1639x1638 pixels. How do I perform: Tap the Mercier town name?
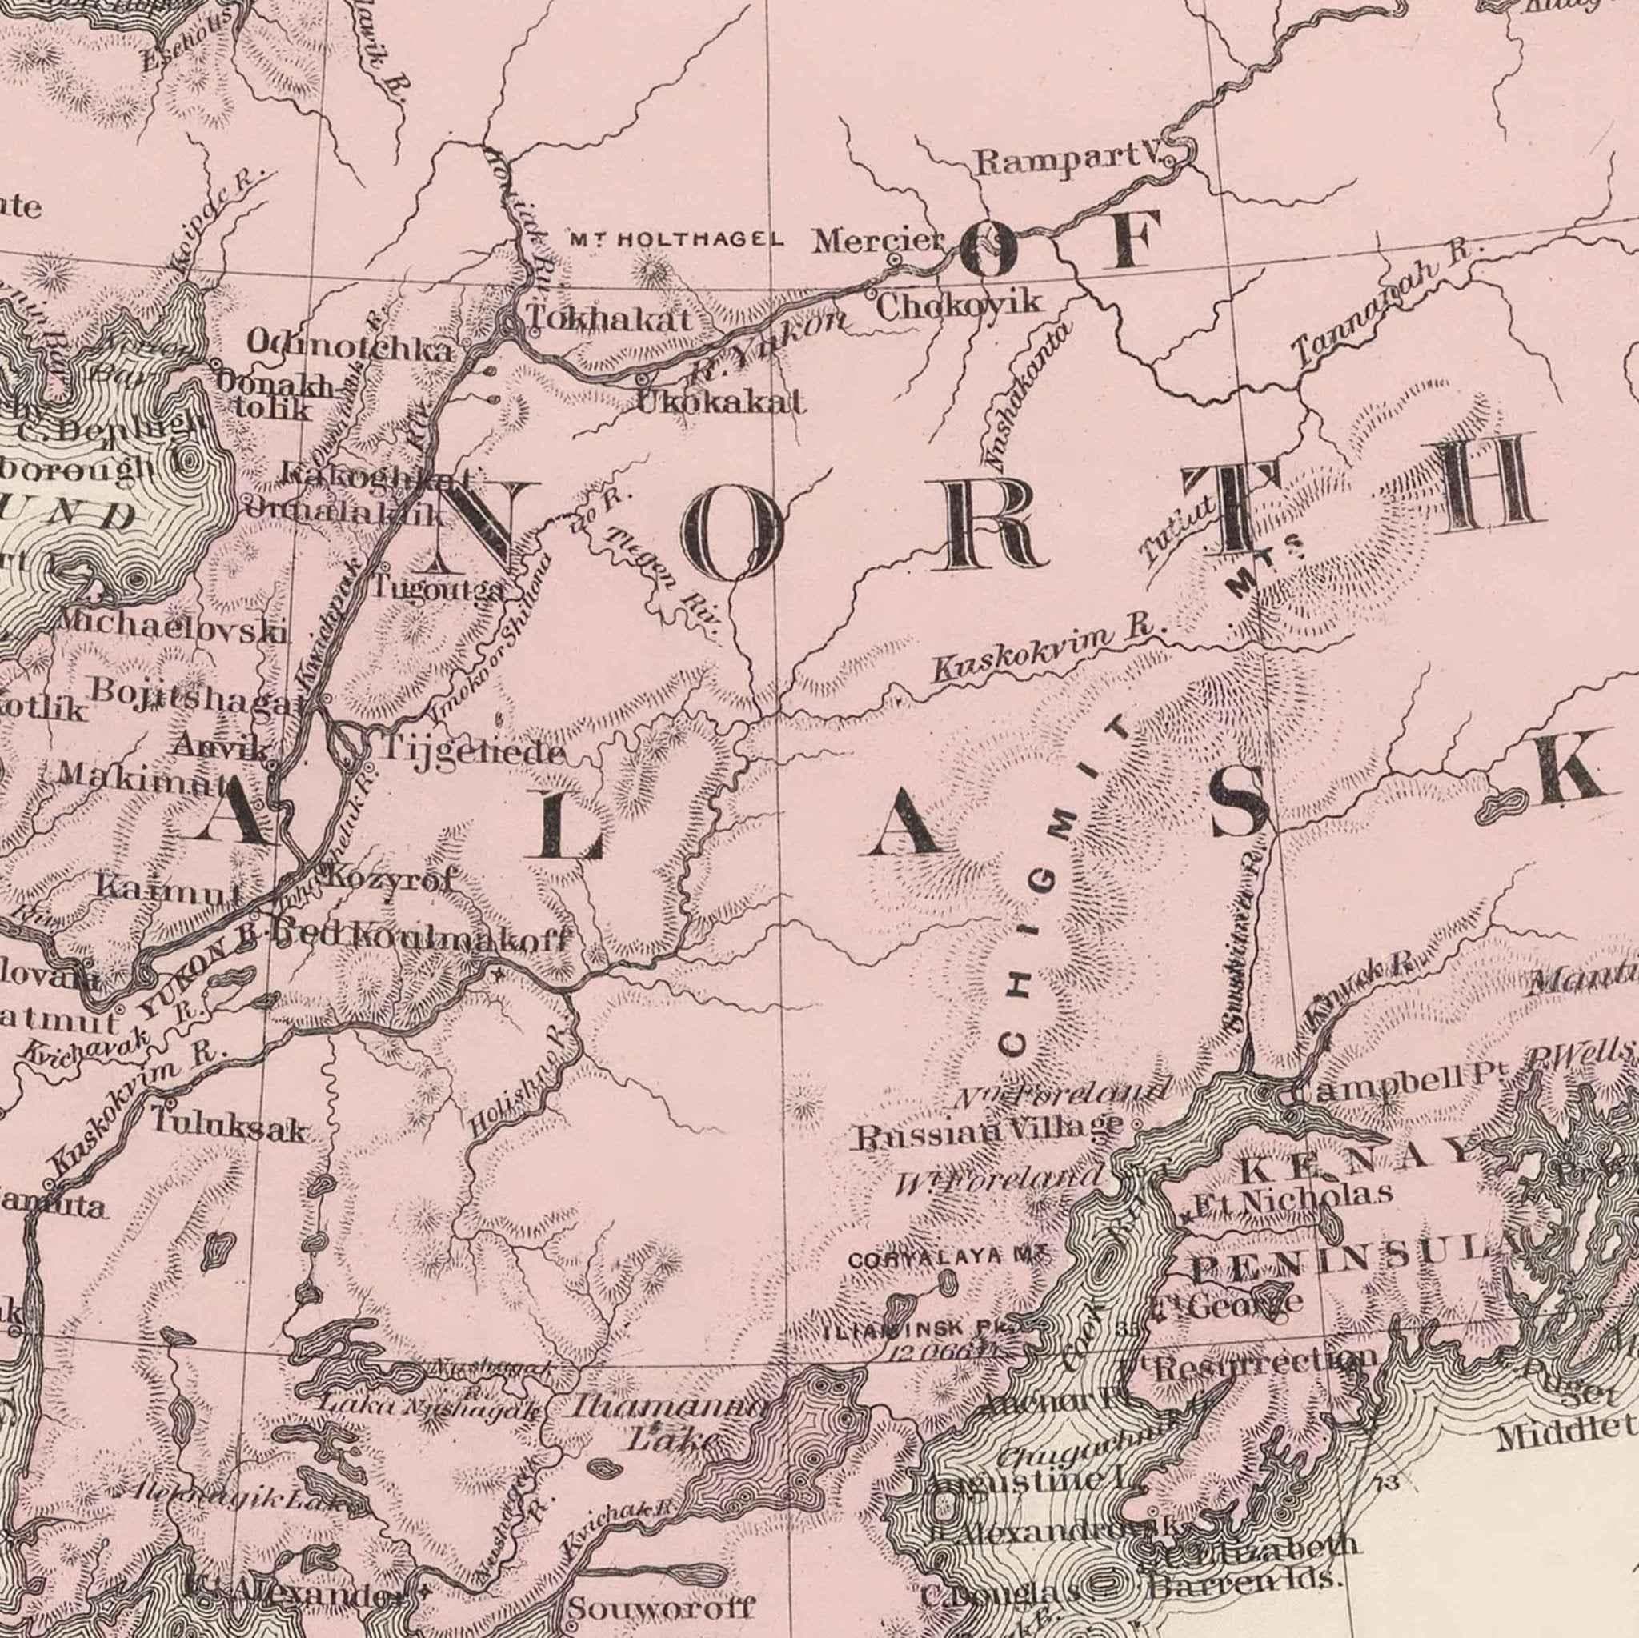pos(878,242)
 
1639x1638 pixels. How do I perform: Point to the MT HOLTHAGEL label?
pos(676,240)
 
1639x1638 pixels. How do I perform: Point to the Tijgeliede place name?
pos(471,751)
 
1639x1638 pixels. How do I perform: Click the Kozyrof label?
pos(386,878)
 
